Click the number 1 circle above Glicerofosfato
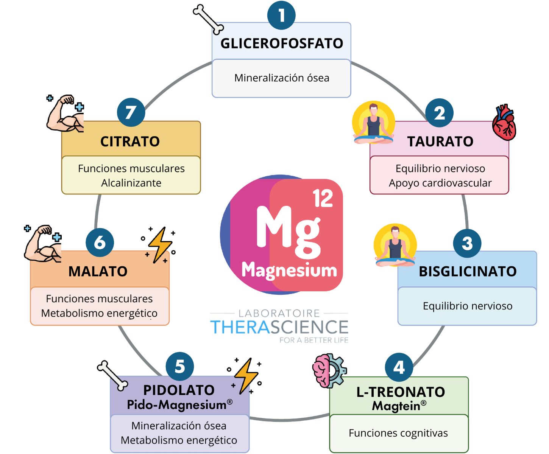click(x=281, y=16)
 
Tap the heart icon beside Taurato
click(x=504, y=122)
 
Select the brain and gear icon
click(x=329, y=370)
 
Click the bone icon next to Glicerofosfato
click(x=208, y=19)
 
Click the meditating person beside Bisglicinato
click(x=395, y=245)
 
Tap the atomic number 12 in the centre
click(x=323, y=198)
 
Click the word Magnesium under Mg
click(x=289, y=270)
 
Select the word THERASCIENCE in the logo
click(x=279, y=327)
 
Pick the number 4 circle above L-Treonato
click(x=399, y=367)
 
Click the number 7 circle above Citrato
click(x=131, y=112)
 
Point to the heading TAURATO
click(x=440, y=141)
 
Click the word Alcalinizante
click(x=131, y=183)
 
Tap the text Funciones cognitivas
click(x=398, y=433)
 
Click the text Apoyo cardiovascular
click(x=440, y=183)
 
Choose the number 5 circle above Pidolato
click(x=180, y=366)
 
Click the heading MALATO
click(x=98, y=271)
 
